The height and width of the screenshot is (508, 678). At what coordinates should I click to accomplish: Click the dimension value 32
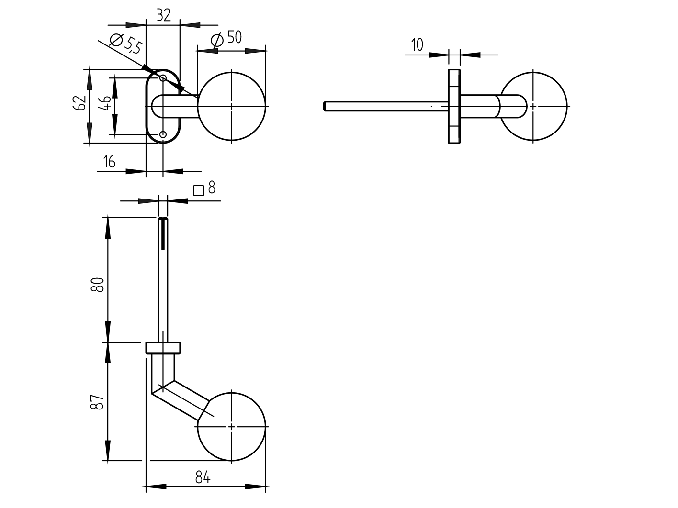(x=164, y=15)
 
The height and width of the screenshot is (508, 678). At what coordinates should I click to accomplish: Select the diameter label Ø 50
(x=226, y=39)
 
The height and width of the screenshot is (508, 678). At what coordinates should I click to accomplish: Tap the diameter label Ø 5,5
(x=126, y=44)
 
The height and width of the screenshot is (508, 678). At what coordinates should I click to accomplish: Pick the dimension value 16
(x=109, y=162)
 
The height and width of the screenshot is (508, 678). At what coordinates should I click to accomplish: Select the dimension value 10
(x=417, y=45)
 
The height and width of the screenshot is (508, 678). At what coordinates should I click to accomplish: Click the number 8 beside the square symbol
(x=212, y=188)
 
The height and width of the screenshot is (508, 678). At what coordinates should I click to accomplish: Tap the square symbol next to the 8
(x=199, y=190)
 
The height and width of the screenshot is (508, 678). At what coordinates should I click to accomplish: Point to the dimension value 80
(x=98, y=285)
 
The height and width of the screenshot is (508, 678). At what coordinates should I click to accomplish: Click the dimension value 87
(x=98, y=402)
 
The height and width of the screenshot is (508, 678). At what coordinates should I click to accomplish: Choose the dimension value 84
(x=203, y=477)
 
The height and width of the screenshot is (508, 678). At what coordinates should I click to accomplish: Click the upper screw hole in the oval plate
(x=163, y=78)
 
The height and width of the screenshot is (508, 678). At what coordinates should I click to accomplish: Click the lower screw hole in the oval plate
(x=163, y=135)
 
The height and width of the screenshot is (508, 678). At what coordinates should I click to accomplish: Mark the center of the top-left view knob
(x=232, y=106)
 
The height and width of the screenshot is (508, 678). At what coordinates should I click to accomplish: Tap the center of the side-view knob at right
(x=533, y=106)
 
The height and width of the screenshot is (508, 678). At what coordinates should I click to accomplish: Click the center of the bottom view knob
(x=232, y=426)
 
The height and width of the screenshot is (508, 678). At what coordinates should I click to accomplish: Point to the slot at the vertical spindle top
(x=163, y=234)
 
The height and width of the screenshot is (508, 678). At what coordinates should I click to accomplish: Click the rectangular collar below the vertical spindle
(x=163, y=348)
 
